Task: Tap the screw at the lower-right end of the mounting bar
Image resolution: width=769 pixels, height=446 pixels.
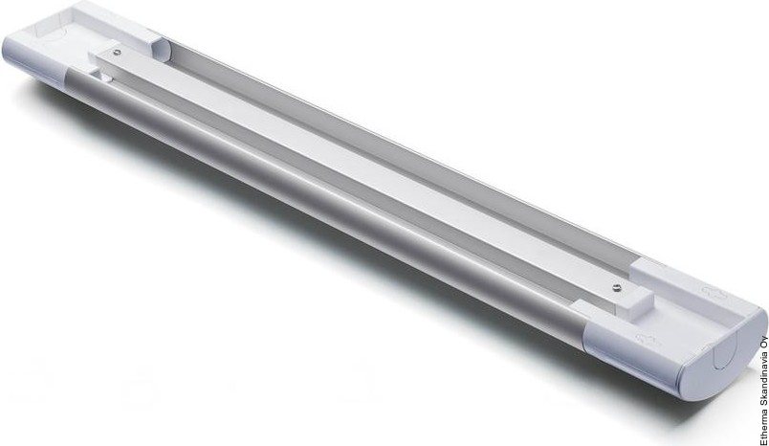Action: (617, 288)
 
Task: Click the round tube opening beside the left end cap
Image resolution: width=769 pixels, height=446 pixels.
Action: (161, 49)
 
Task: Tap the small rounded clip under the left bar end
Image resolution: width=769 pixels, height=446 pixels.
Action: (102, 77)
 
